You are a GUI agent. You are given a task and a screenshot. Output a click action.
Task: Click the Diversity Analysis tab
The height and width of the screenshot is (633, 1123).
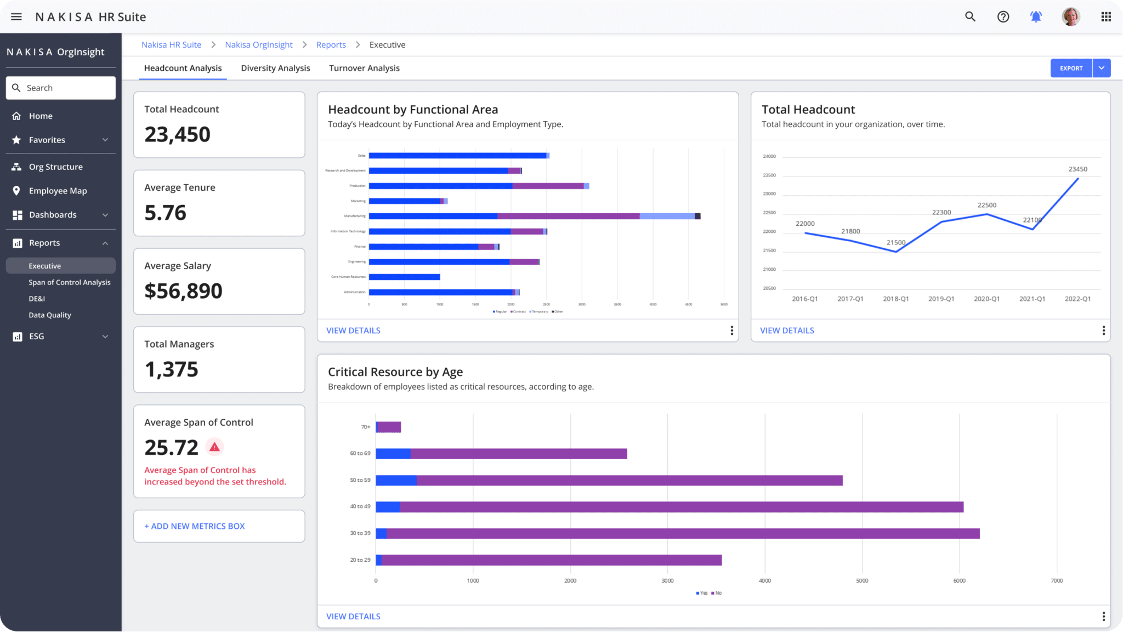(x=275, y=68)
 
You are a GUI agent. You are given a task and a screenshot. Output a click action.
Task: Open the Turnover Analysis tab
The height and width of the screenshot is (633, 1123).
(x=364, y=68)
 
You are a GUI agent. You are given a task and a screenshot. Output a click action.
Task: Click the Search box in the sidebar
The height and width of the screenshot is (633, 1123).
(x=61, y=88)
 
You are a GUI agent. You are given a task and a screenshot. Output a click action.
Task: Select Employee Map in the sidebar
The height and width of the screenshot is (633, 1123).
(x=58, y=191)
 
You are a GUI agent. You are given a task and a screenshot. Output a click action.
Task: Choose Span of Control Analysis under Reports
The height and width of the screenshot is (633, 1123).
(x=70, y=282)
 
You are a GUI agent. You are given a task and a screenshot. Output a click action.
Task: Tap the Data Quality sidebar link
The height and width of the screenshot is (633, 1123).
(x=50, y=315)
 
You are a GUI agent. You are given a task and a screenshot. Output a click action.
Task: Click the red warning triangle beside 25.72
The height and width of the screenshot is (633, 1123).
(x=214, y=447)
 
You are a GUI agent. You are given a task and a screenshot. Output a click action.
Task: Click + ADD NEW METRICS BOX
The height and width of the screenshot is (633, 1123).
(x=195, y=526)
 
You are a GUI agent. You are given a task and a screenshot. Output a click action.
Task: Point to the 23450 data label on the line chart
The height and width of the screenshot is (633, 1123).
(x=1077, y=169)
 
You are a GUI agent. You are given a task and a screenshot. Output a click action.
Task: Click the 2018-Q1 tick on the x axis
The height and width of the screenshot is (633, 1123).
(x=895, y=299)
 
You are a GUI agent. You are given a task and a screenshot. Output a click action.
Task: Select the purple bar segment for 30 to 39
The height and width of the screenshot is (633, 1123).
(x=683, y=533)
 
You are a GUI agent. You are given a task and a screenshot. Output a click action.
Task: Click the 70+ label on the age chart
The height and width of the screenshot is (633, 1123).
(x=365, y=427)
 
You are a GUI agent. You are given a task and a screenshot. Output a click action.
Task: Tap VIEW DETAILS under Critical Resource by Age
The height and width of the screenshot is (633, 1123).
(x=353, y=617)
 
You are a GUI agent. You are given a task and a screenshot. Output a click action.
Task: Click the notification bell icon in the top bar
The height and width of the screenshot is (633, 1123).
(x=1036, y=17)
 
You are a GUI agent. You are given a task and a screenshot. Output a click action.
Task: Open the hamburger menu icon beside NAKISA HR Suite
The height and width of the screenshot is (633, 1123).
(x=16, y=17)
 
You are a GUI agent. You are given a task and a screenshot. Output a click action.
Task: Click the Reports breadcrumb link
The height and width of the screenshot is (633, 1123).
(x=331, y=45)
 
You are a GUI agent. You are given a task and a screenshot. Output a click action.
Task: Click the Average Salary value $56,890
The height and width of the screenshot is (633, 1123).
(x=183, y=291)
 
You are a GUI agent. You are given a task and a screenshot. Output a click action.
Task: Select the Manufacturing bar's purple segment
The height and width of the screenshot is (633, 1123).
(x=568, y=216)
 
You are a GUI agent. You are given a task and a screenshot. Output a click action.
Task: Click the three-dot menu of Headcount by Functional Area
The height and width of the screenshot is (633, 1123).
(x=731, y=330)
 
